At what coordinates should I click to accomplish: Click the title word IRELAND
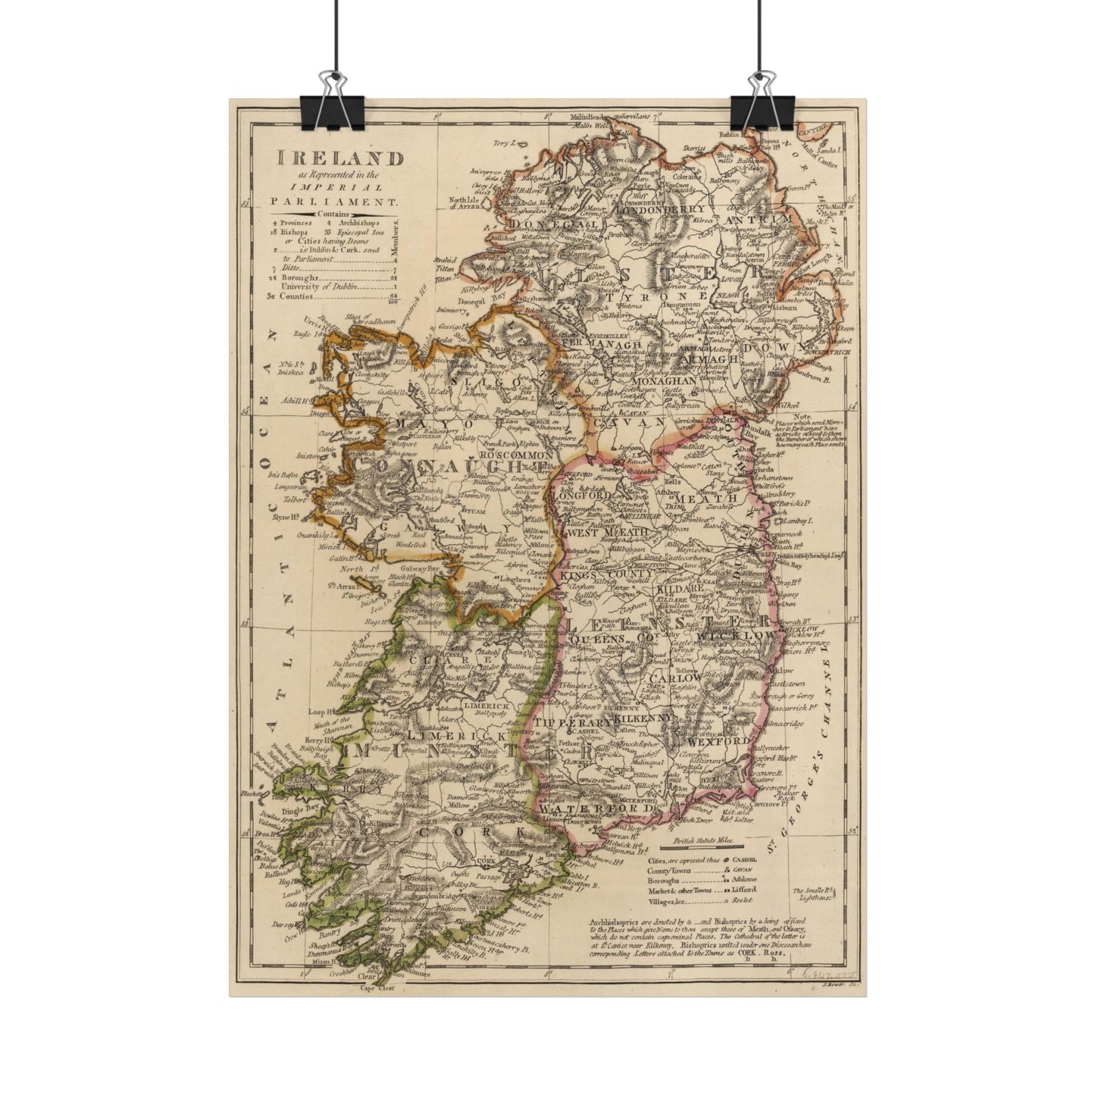(340, 158)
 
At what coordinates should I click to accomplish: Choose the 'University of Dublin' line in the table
(318, 286)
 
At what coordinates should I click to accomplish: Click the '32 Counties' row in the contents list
(296, 296)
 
